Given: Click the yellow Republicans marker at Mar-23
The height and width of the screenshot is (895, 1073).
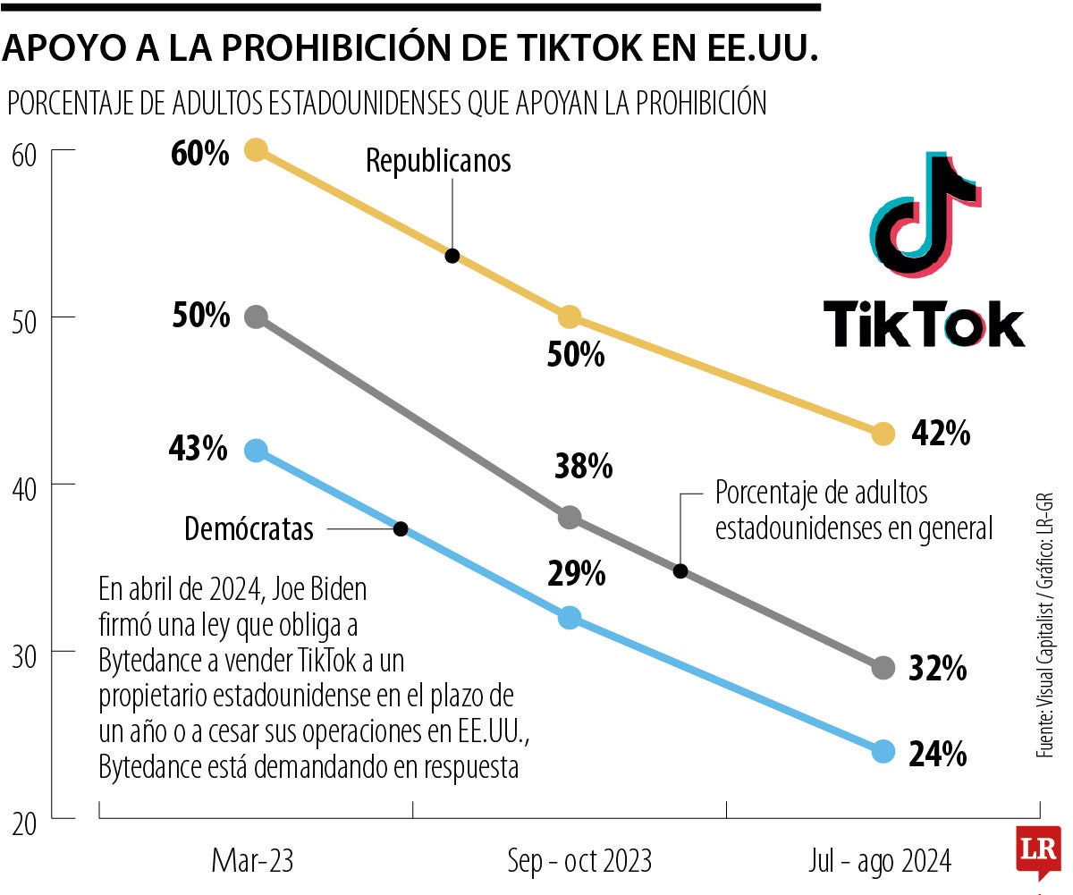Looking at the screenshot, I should tap(257, 149).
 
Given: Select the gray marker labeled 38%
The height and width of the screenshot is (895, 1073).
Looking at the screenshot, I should tap(569, 517).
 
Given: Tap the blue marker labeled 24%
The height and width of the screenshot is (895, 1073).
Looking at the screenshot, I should tap(883, 750).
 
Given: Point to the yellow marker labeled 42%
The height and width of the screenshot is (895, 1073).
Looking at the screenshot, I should tap(883, 434).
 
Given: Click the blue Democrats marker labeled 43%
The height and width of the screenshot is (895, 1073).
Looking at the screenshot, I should tap(257, 451).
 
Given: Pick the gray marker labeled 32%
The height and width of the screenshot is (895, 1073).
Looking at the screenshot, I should tap(883, 667).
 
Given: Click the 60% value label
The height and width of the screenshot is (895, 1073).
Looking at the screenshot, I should tap(200, 154).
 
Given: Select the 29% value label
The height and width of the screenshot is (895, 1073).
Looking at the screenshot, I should tap(576, 574).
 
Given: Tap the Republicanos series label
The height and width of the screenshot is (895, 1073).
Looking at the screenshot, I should tap(438, 161).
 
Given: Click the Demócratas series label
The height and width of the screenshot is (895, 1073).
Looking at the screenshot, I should tap(249, 529).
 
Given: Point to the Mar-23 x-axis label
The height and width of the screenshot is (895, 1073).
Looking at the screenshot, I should tap(252, 861).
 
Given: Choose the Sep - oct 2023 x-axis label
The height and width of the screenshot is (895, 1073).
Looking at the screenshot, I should tap(579, 861).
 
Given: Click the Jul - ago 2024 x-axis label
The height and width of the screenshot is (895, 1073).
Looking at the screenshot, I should tap(880, 861).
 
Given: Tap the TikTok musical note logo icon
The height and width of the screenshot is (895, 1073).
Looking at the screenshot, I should tap(924, 215).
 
